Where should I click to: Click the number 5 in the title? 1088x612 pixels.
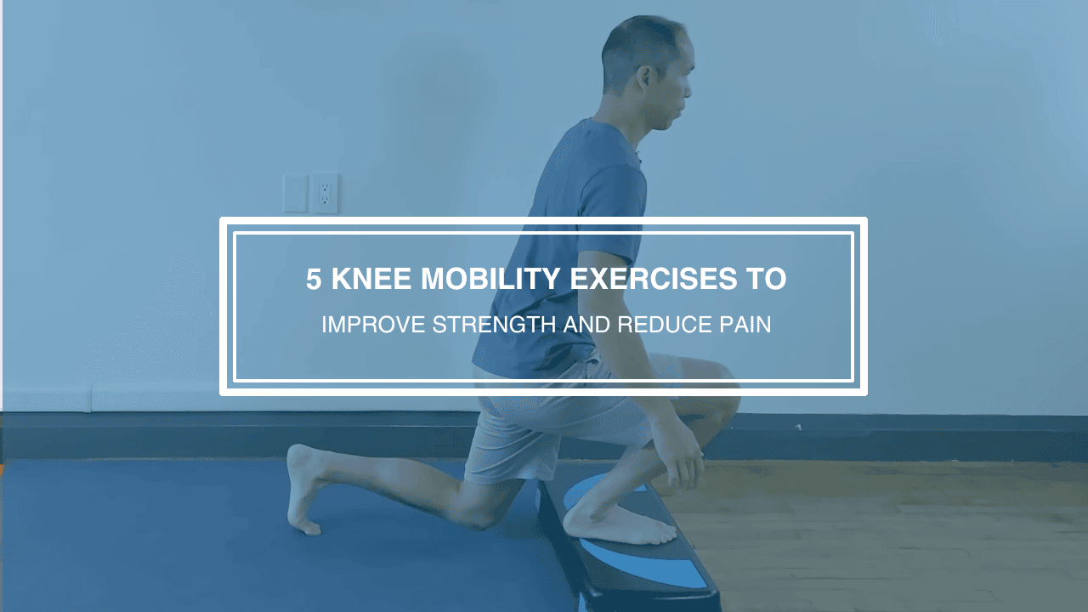[314, 279]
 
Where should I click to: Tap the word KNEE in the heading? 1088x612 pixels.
[371, 279]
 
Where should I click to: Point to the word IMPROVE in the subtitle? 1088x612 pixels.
[373, 325]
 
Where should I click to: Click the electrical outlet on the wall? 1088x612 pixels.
[325, 194]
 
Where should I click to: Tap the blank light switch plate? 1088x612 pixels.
[295, 193]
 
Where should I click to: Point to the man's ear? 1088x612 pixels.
[645, 77]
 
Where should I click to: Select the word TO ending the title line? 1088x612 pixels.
[766, 279]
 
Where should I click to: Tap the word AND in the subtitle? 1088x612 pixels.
[586, 325]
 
